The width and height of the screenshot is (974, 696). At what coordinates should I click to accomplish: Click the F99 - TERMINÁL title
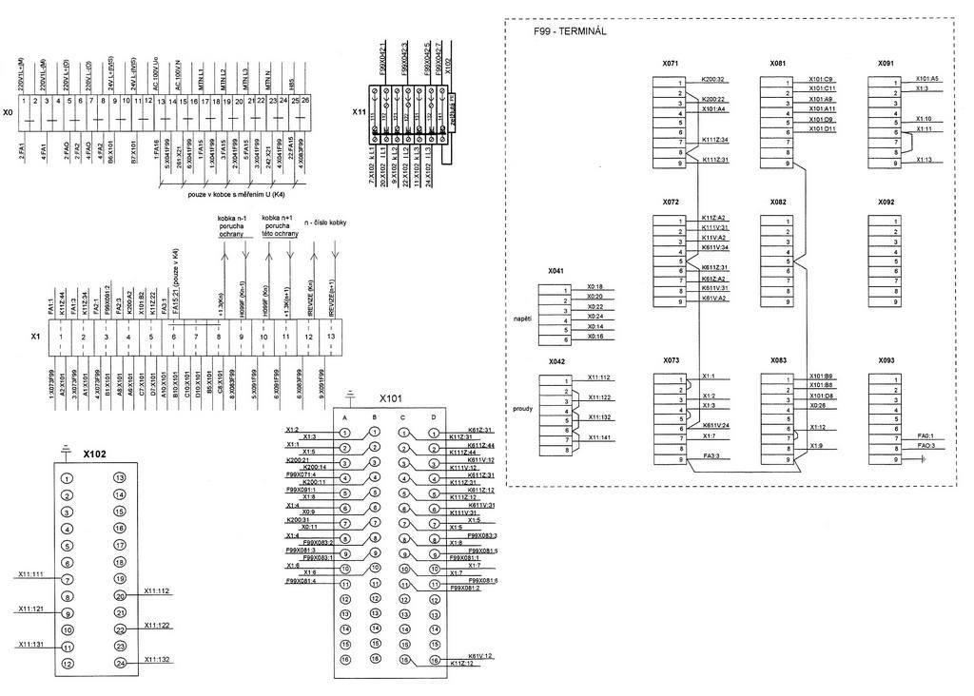point(571,30)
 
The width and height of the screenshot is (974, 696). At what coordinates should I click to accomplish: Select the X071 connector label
point(672,64)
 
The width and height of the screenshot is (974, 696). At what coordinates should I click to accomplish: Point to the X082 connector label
point(779,203)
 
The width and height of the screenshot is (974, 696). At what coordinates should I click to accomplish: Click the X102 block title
point(95,454)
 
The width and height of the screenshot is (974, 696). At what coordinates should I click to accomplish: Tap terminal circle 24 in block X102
point(120,663)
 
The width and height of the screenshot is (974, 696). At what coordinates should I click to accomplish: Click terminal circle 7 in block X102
point(67,579)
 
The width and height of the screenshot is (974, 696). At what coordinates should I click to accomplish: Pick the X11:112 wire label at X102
point(157,590)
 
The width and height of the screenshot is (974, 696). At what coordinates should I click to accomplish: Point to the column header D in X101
point(434,416)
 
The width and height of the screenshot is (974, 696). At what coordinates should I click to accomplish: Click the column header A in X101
point(345,416)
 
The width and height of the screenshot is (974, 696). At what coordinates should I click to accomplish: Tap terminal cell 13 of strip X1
point(331,337)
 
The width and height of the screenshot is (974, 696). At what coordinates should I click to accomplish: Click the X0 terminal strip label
point(9,112)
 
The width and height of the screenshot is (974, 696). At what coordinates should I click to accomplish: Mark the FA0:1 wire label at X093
point(925,435)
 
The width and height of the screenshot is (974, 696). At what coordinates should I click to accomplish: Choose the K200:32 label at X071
point(713,79)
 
